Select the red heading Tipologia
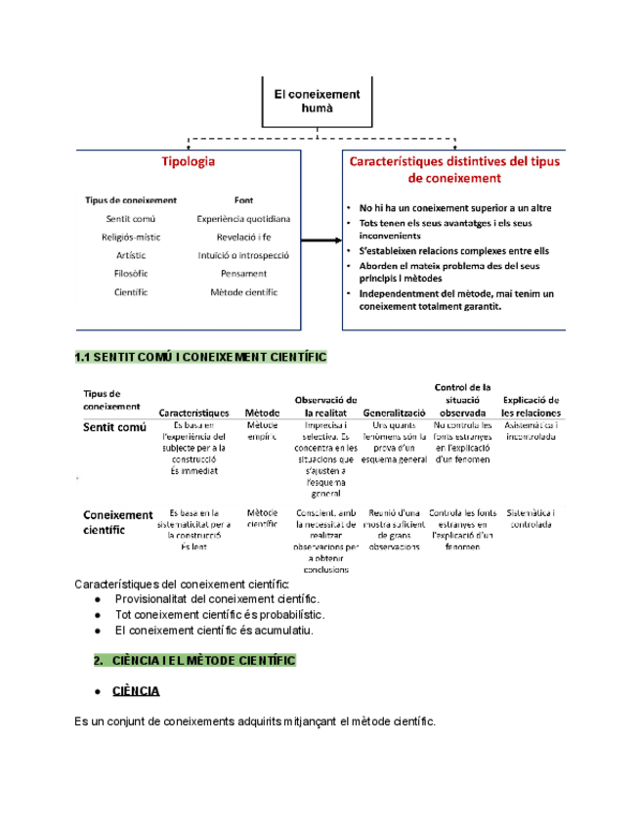click(x=189, y=161)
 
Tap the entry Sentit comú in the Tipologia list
click(x=130, y=219)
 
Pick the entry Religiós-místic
click(x=131, y=237)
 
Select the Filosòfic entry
click(x=131, y=274)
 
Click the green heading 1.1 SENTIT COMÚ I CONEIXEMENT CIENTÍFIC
click(x=199, y=358)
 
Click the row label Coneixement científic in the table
click(x=117, y=521)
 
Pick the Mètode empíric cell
click(x=262, y=431)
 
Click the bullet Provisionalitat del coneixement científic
click(x=216, y=598)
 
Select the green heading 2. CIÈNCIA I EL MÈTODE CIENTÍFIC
click(x=194, y=661)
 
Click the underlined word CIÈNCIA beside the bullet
click(x=137, y=691)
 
